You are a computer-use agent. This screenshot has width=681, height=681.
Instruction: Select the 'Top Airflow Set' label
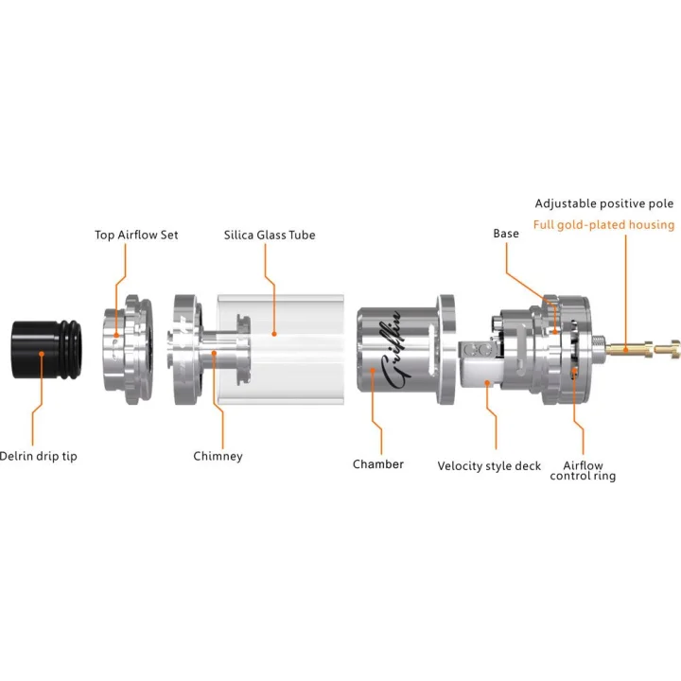point(136,235)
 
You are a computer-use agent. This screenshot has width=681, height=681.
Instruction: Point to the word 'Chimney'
point(218,456)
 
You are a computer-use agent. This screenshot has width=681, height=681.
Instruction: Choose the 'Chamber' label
point(378,463)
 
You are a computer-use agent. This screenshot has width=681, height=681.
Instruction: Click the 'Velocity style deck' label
point(489,465)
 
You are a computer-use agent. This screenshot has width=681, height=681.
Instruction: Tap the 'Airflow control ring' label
point(583,470)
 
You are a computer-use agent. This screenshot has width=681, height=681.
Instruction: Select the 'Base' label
point(506,233)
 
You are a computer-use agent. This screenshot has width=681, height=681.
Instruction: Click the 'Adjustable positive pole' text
point(604,203)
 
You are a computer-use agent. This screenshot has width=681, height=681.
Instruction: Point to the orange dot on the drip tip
point(41,353)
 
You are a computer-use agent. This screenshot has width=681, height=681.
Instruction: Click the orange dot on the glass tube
point(273,333)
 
